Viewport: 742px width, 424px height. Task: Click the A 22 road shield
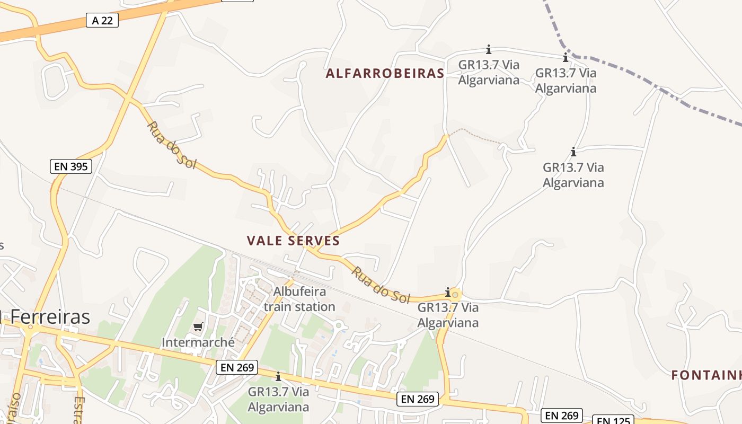[x=102, y=21]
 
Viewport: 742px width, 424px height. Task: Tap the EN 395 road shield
[x=71, y=166]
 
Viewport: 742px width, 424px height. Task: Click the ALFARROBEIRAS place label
[x=385, y=74]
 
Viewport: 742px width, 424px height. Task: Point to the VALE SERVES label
[x=293, y=241]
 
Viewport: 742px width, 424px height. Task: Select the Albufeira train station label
[x=299, y=299]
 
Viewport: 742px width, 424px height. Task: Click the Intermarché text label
[x=198, y=342]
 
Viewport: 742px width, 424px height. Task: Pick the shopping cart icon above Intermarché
[x=198, y=326]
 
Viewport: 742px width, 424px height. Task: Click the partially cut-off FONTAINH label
[x=706, y=376]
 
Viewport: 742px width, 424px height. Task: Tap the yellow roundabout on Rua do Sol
[x=455, y=294]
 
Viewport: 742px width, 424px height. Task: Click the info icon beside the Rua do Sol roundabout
[x=448, y=292]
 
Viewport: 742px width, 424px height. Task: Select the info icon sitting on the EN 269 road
[x=278, y=376]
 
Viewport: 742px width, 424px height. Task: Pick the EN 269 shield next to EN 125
[x=562, y=416]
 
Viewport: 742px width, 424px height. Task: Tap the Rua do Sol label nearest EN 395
[x=171, y=145]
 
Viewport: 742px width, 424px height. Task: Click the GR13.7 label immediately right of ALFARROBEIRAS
[x=489, y=73]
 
